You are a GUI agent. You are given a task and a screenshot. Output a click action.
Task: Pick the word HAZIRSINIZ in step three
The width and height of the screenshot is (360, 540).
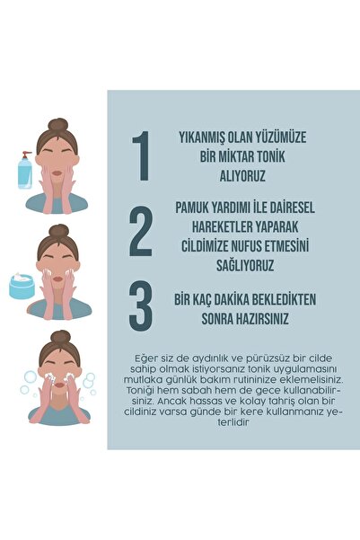(x=263, y=317)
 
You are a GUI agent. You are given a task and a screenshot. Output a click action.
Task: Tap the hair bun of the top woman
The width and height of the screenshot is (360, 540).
(x=57, y=124)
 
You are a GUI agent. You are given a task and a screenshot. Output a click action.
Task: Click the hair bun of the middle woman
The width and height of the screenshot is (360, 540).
(x=57, y=230)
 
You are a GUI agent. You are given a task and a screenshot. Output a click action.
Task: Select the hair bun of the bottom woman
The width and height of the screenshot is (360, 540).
(x=59, y=337)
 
